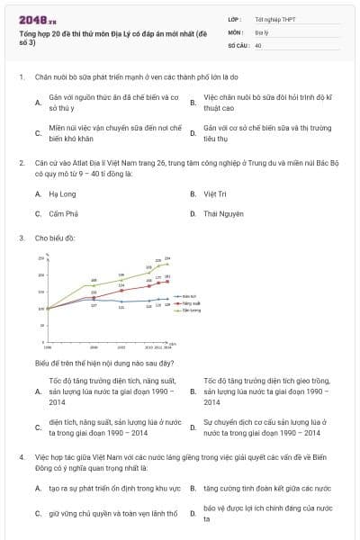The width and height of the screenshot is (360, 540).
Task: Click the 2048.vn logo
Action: [x=37, y=18]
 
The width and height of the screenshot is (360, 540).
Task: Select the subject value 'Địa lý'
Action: [x=262, y=31]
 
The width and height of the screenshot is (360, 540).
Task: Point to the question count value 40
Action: [x=258, y=44]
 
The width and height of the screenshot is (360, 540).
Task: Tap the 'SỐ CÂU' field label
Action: [x=237, y=44]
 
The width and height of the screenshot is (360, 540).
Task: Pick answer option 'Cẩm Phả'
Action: [x=63, y=214]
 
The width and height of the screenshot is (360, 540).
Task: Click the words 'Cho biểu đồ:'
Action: [x=55, y=238]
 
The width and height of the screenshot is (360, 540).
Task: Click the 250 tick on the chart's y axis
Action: [x=40, y=258]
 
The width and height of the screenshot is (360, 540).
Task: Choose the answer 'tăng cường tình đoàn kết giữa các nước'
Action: [x=261, y=488]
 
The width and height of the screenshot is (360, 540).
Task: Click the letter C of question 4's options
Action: [x=38, y=513]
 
